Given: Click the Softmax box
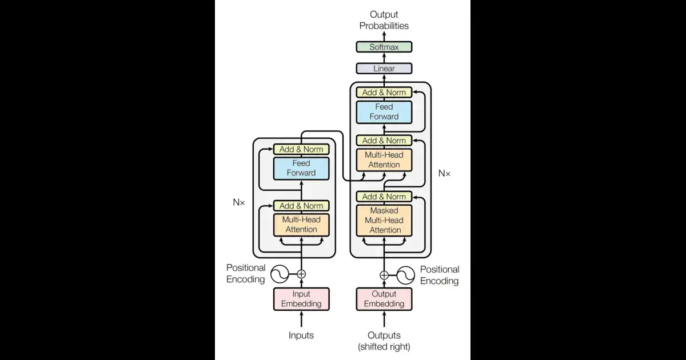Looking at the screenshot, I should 384,47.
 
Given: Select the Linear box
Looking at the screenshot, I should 384,69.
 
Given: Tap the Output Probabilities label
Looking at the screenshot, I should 384,20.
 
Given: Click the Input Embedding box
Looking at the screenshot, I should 301,299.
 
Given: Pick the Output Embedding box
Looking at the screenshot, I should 384,299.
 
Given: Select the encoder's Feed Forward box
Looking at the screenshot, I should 301,168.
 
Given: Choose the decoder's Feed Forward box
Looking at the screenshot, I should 384,112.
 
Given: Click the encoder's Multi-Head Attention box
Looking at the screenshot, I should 301,225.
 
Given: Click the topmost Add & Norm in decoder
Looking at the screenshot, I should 384,92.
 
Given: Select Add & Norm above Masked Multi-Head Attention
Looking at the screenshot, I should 384,197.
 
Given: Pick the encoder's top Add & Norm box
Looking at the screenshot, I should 301,149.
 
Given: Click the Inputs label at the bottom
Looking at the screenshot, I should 301,335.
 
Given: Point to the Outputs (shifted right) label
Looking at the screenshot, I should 384,341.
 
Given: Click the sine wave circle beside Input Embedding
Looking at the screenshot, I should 280,275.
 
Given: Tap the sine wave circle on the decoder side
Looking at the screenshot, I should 405,275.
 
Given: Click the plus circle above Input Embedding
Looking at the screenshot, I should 301,275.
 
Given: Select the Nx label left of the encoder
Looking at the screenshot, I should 238,202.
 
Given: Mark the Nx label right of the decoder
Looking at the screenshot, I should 444,173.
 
